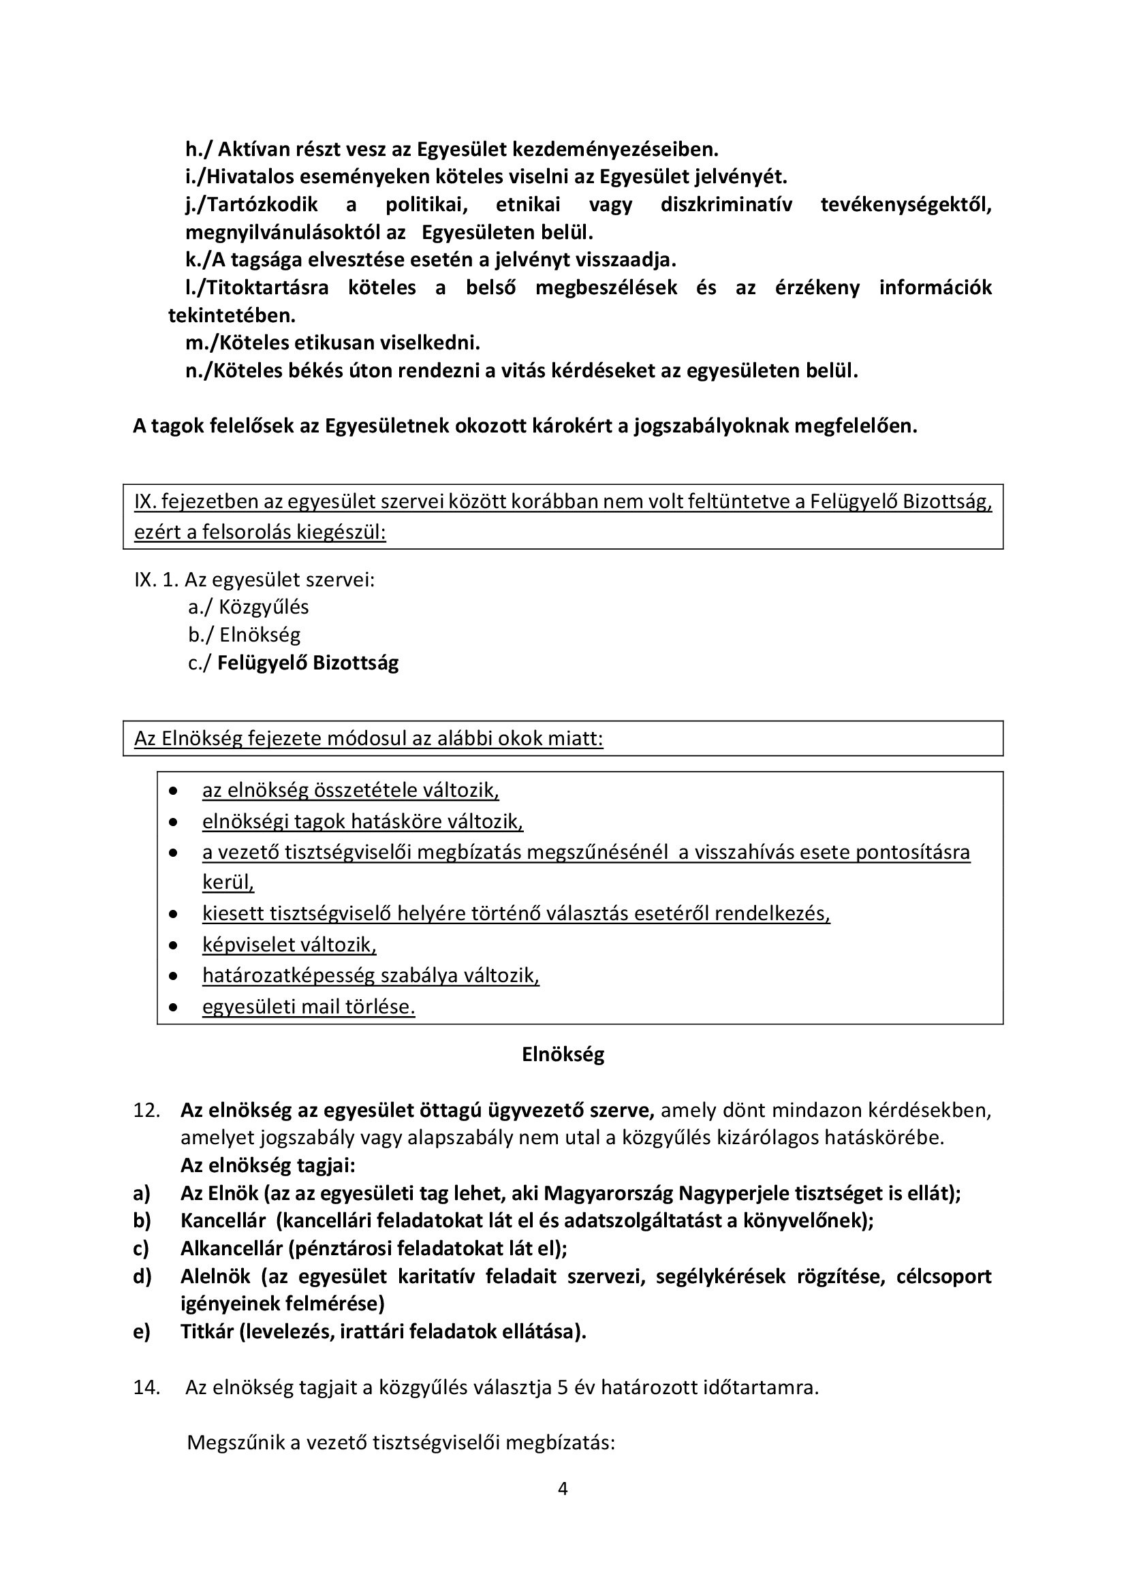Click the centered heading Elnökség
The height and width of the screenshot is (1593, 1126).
pos(563,1054)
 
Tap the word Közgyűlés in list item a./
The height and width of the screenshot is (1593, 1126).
pos(264,607)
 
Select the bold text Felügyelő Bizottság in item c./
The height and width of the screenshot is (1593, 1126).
pos(308,663)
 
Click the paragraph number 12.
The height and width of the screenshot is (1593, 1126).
pos(146,1110)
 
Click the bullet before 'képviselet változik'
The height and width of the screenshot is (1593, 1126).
pos(174,945)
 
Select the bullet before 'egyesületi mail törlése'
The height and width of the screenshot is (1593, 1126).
pos(174,1007)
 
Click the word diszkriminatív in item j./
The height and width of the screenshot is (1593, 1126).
pos(725,205)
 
